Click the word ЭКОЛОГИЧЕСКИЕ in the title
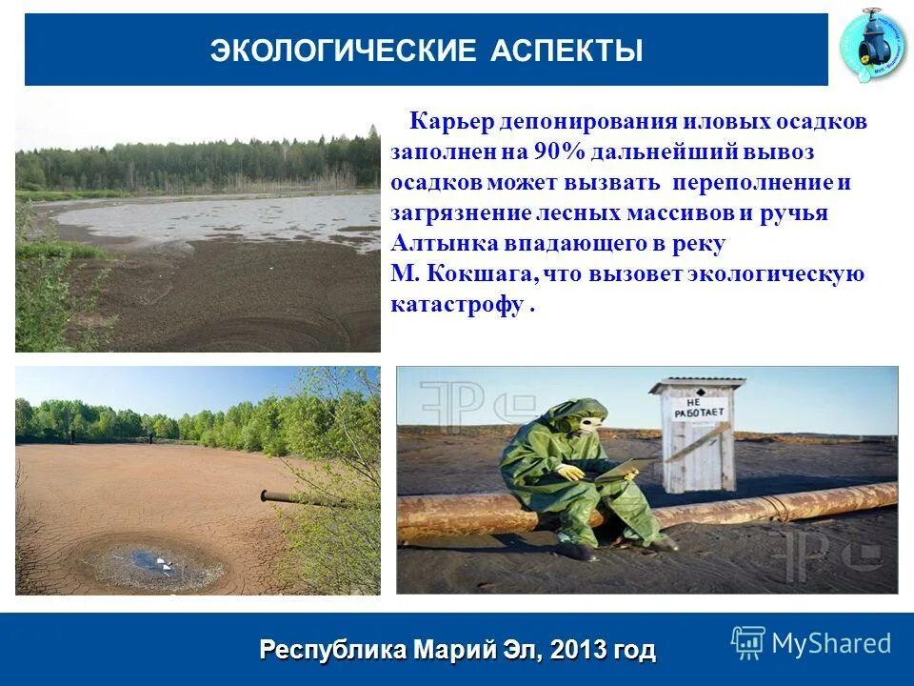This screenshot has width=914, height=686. click(x=344, y=51)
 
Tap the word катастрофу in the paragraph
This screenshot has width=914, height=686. click(x=456, y=305)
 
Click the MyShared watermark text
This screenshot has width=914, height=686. click(x=831, y=643)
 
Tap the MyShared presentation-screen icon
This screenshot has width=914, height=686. click(x=748, y=644)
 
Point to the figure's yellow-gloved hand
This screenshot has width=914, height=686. click(x=571, y=472)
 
